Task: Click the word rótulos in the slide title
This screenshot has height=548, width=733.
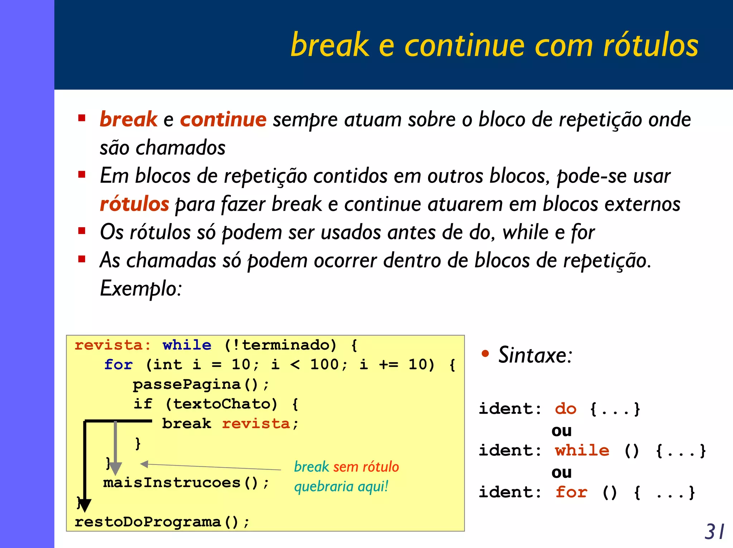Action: pyautogui.click(x=650, y=45)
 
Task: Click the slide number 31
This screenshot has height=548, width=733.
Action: pyautogui.click(x=714, y=532)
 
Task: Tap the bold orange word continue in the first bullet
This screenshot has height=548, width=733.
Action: pyautogui.click(x=223, y=119)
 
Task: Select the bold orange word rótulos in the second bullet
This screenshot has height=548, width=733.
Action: pyautogui.click(x=134, y=204)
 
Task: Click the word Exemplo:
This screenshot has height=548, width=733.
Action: pyautogui.click(x=141, y=288)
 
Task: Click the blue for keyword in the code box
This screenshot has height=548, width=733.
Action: pyautogui.click(x=118, y=365)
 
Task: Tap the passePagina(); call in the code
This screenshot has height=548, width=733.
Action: pyautogui.click(x=200, y=384)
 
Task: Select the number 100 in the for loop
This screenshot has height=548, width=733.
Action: pyautogui.click(x=324, y=365)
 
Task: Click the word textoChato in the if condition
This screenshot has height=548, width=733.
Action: pyautogui.click(x=222, y=404)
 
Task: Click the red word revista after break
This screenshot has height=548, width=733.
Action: pyautogui.click(x=256, y=424)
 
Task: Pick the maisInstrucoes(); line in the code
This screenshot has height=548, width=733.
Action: pyautogui.click(x=186, y=483)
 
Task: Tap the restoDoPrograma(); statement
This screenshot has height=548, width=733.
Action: pyautogui.click(x=161, y=522)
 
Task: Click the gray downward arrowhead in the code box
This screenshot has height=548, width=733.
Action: pyautogui.click(x=115, y=468)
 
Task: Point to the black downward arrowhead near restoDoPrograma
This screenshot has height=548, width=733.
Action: pyautogui.click(x=84, y=505)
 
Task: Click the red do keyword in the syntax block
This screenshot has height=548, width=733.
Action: pyautogui.click(x=565, y=409)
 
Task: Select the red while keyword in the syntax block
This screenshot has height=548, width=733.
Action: pyautogui.click(x=582, y=451)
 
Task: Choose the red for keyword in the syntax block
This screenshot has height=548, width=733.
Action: pyautogui.click(x=571, y=493)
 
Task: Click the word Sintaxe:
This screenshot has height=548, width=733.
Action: pyautogui.click(x=535, y=355)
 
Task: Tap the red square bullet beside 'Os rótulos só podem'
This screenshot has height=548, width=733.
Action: pyautogui.click(x=82, y=231)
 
